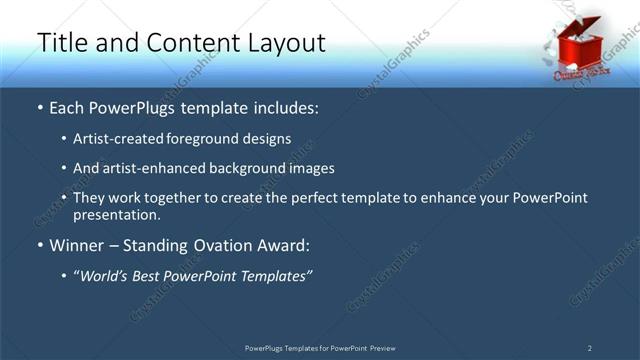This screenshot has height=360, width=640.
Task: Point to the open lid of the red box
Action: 589,25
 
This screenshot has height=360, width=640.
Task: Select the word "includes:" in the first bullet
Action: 284,106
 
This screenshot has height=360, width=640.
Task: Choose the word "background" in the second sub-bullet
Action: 243,168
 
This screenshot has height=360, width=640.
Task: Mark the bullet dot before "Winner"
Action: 40,245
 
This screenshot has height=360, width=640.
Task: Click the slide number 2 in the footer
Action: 589,348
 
